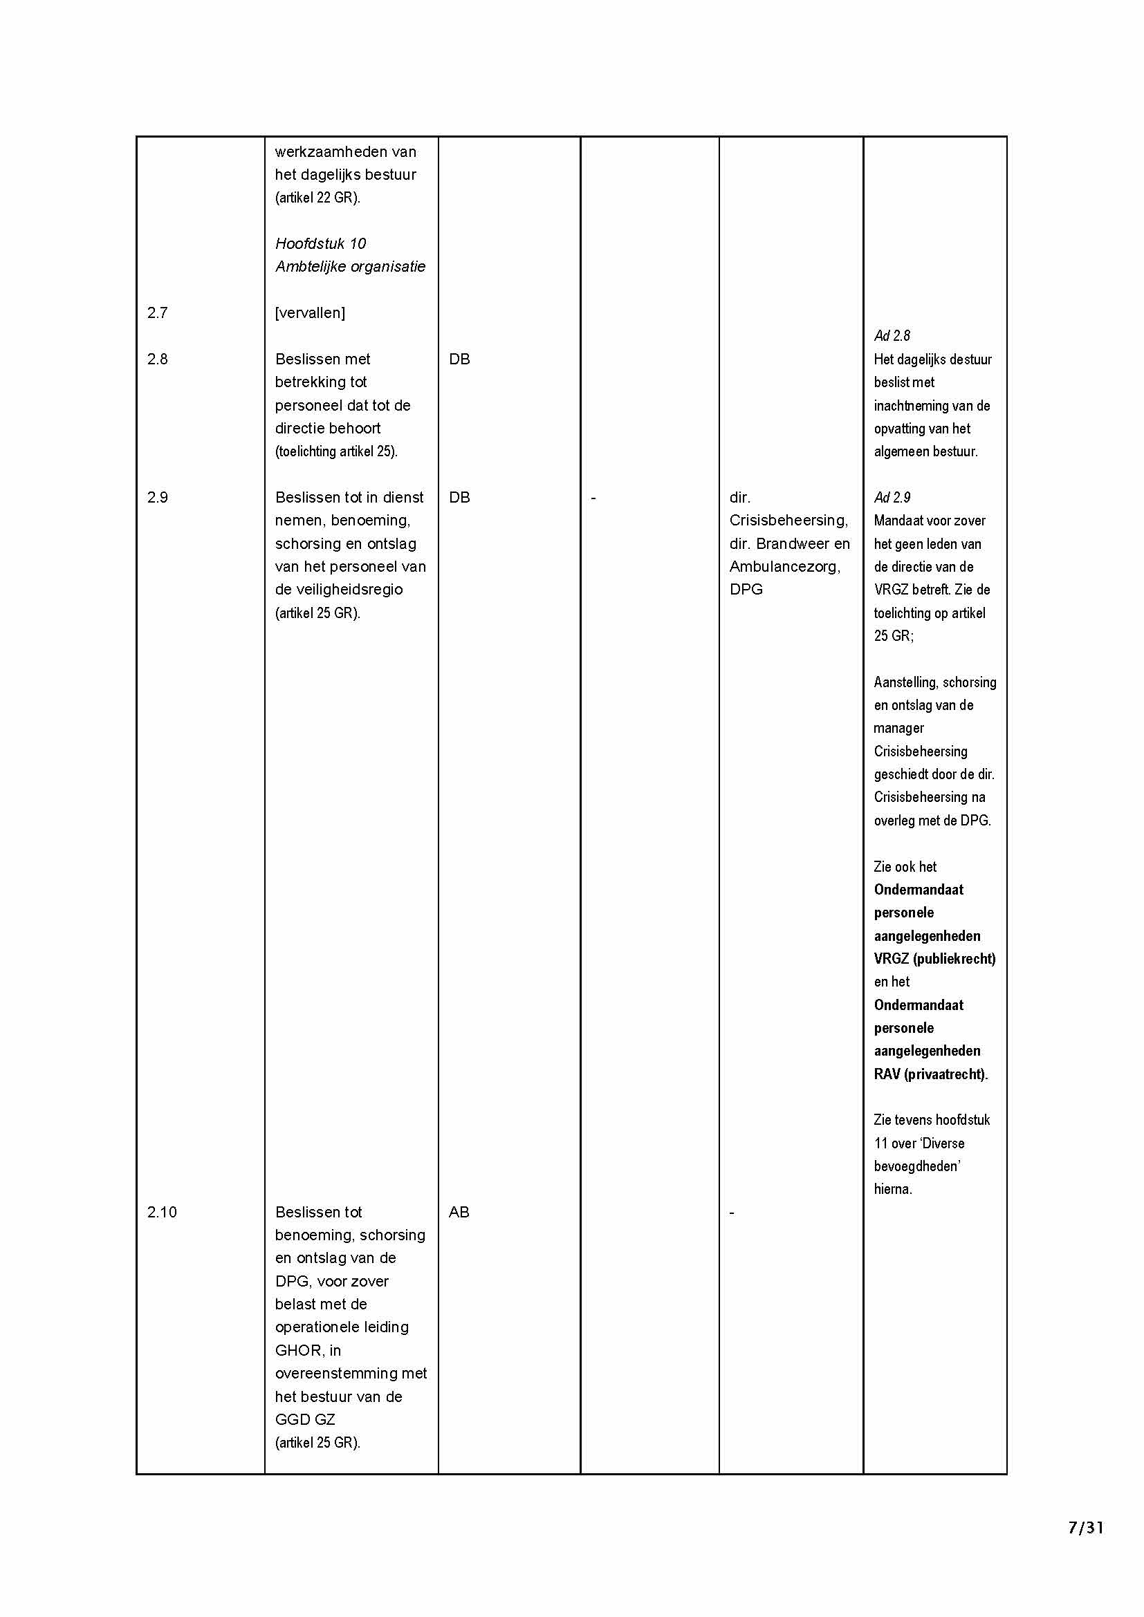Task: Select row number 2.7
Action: pos(157,312)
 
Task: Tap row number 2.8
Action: pos(157,359)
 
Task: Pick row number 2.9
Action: pos(157,498)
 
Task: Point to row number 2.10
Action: pos(161,1212)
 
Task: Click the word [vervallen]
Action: pos(310,312)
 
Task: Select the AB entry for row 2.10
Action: pos(459,1212)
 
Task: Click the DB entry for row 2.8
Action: pos(459,359)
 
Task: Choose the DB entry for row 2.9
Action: pos(459,498)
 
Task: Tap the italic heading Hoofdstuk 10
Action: pos(320,243)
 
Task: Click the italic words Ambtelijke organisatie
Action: pos(350,267)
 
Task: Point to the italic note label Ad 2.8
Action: pos(892,336)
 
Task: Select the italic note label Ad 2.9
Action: pos(892,498)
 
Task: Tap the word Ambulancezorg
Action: pos(784,567)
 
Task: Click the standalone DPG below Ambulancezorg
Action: pos(746,590)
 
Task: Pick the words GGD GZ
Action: pos(305,1419)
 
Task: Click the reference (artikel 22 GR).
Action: pos(317,198)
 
